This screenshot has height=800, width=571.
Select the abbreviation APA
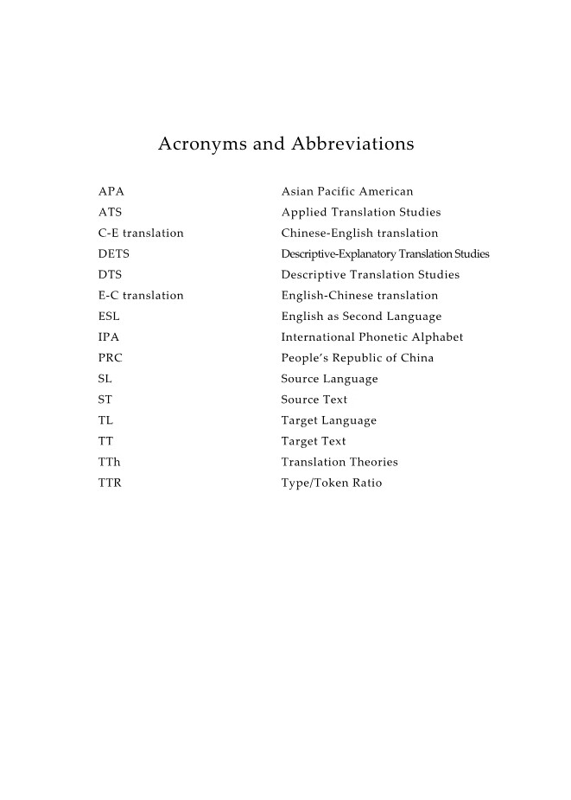[111, 191]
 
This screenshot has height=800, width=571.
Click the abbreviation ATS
[110, 212]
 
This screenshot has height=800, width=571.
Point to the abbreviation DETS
[114, 253]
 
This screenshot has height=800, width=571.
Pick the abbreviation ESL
[109, 316]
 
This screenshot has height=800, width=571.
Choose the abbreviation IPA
[109, 336]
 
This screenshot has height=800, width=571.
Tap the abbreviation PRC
[110, 357]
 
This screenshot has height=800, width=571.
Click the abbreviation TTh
[110, 462]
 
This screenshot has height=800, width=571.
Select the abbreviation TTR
[110, 483]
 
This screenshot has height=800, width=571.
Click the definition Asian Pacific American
[347, 191]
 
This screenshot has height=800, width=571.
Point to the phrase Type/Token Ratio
[332, 483]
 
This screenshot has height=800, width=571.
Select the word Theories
[375, 462]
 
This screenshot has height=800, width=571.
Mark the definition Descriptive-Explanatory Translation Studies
[385, 253]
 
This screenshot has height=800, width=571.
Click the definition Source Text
[314, 400]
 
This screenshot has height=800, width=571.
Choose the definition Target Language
[329, 420]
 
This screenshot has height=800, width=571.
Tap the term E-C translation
[141, 295]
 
